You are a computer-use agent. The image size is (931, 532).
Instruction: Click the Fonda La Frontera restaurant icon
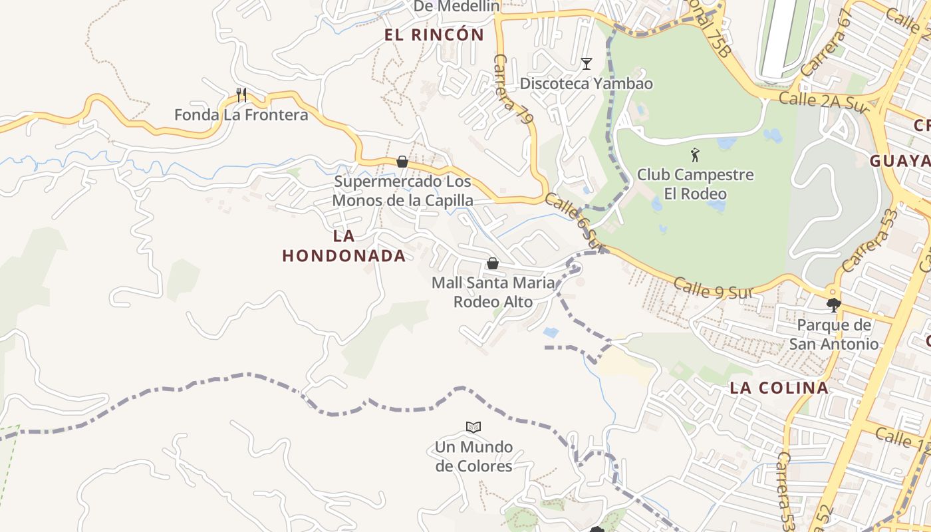tap(241, 95)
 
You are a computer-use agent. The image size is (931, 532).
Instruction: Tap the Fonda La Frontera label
tap(241, 115)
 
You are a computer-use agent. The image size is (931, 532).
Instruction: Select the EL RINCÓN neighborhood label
tap(434, 35)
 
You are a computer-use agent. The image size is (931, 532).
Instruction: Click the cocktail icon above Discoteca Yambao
tap(586, 64)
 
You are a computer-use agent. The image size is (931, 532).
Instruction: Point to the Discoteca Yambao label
tap(586, 84)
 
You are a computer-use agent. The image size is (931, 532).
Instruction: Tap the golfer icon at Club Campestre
tap(695, 155)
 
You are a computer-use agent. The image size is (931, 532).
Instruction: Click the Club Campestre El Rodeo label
tap(695, 184)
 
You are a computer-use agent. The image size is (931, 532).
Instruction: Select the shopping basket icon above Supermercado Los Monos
tap(402, 162)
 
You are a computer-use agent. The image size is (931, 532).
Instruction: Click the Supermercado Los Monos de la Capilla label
tap(402, 191)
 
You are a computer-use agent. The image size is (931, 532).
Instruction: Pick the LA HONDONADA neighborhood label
tap(344, 246)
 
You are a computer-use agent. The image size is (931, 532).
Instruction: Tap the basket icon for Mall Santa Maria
tap(493, 263)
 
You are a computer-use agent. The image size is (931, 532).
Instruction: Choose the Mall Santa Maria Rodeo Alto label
tap(493, 292)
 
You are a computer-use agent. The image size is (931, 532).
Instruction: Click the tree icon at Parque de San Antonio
tap(833, 305)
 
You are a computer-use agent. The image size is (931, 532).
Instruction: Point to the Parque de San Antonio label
tap(834, 334)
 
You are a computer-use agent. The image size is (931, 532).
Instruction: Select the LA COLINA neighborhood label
tap(779, 388)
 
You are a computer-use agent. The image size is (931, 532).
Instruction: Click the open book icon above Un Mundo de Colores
tap(473, 427)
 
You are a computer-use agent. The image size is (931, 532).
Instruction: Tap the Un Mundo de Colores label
tap(473, 456)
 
